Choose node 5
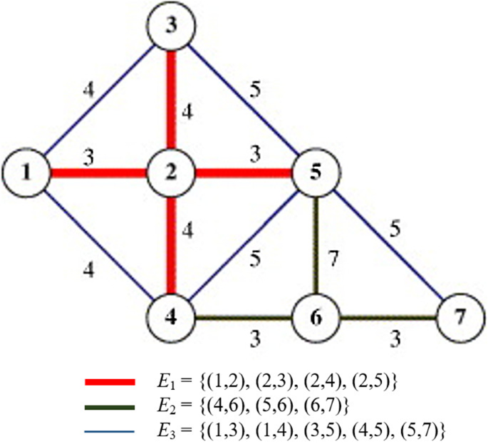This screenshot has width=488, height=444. click(314, 172)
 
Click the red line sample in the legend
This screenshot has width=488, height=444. click(110, 383)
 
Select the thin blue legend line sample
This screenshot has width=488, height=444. click(110, 430)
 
